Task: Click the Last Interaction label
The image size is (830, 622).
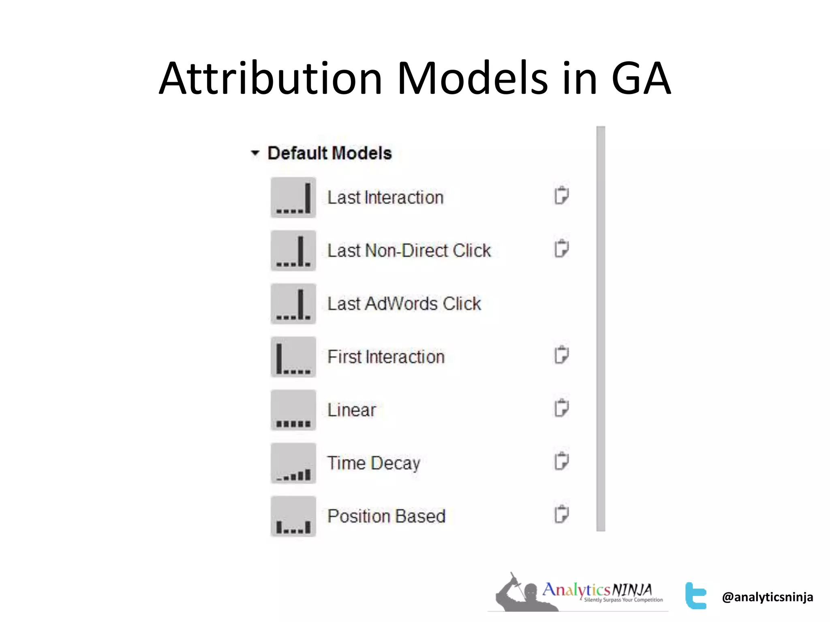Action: [385, 198]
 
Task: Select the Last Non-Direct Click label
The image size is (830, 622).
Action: [409, 251]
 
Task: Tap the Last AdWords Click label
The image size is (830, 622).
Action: [404, 304]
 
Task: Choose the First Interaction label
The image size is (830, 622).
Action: [385, 357]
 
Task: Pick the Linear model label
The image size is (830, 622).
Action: [351, 410]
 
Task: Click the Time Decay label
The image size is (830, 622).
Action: [373, 463]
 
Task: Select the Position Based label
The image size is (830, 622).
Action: [386, 516]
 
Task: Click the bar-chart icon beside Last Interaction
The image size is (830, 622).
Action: [293, 198]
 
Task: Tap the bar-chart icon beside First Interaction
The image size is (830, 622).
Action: [293, 357]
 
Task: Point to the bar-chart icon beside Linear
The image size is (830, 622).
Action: [293, 410]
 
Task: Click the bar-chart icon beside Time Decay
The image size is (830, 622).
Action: [293, 463]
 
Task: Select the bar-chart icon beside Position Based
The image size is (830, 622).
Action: [293, 516]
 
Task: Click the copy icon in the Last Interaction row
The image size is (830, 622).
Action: [561, 196]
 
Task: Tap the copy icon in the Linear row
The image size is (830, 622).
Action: [561, 408]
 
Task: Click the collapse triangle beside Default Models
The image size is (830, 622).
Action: [255, 153]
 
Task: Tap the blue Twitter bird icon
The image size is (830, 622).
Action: [695, 596]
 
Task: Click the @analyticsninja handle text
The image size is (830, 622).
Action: [767, 597]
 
